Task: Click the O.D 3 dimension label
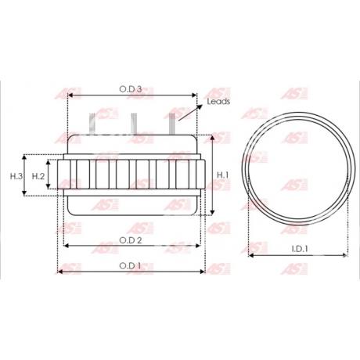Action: pyautogui.click(x=130, y=90)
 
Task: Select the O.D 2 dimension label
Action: pyautogui.click(x=130, y=239)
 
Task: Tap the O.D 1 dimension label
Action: pyautogui.click(x=130, y=265)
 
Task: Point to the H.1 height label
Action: pyautogui.click(x=222, y=175)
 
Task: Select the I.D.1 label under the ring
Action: pyautogui.click(x=299, y=249)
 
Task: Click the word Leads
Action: pyautogui.click(x=218, y=102)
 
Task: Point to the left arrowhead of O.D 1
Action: pyautogui.click(x=59, y=272)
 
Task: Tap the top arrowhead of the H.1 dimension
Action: pyautogui.click(x=213, y=139)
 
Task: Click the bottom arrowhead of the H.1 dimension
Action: pyautogui.click(x=213, y=212)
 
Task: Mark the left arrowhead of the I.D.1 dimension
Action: pyautogui.click(x=250, y=255)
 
